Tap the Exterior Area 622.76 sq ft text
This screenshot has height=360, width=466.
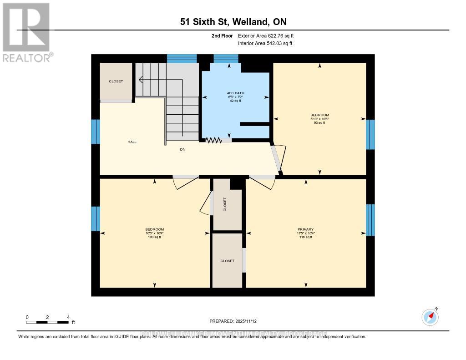pyautogui.click(x=269, y=35)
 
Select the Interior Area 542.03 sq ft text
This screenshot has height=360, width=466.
pyautogui.click(x=265, y=43)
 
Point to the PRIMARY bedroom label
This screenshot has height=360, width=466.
pyautogui.click(x=305, y=229)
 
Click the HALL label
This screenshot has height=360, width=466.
pyautogui.click(x=132, y=142)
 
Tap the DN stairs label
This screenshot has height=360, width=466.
pyautogui.click(x=182, y=149)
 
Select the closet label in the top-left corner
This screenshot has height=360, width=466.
pyautogui.click(x=116, y=81)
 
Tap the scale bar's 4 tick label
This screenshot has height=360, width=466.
pyautogui.click(x=68, y=317)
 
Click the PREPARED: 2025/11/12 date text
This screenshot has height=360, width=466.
pyautogui.click(x=233, y=321)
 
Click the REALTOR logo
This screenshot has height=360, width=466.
pyautogui.click(x=26, y=32)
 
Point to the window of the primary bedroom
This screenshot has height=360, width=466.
pyautogui.click(x=370, y=220)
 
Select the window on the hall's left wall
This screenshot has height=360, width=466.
pyautogui.click(x=96, y=132)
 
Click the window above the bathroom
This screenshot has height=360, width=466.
pyautogui.click(x=226, y=58)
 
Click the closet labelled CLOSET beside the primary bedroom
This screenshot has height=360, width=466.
pyautogui.click(x=227, y=261)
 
